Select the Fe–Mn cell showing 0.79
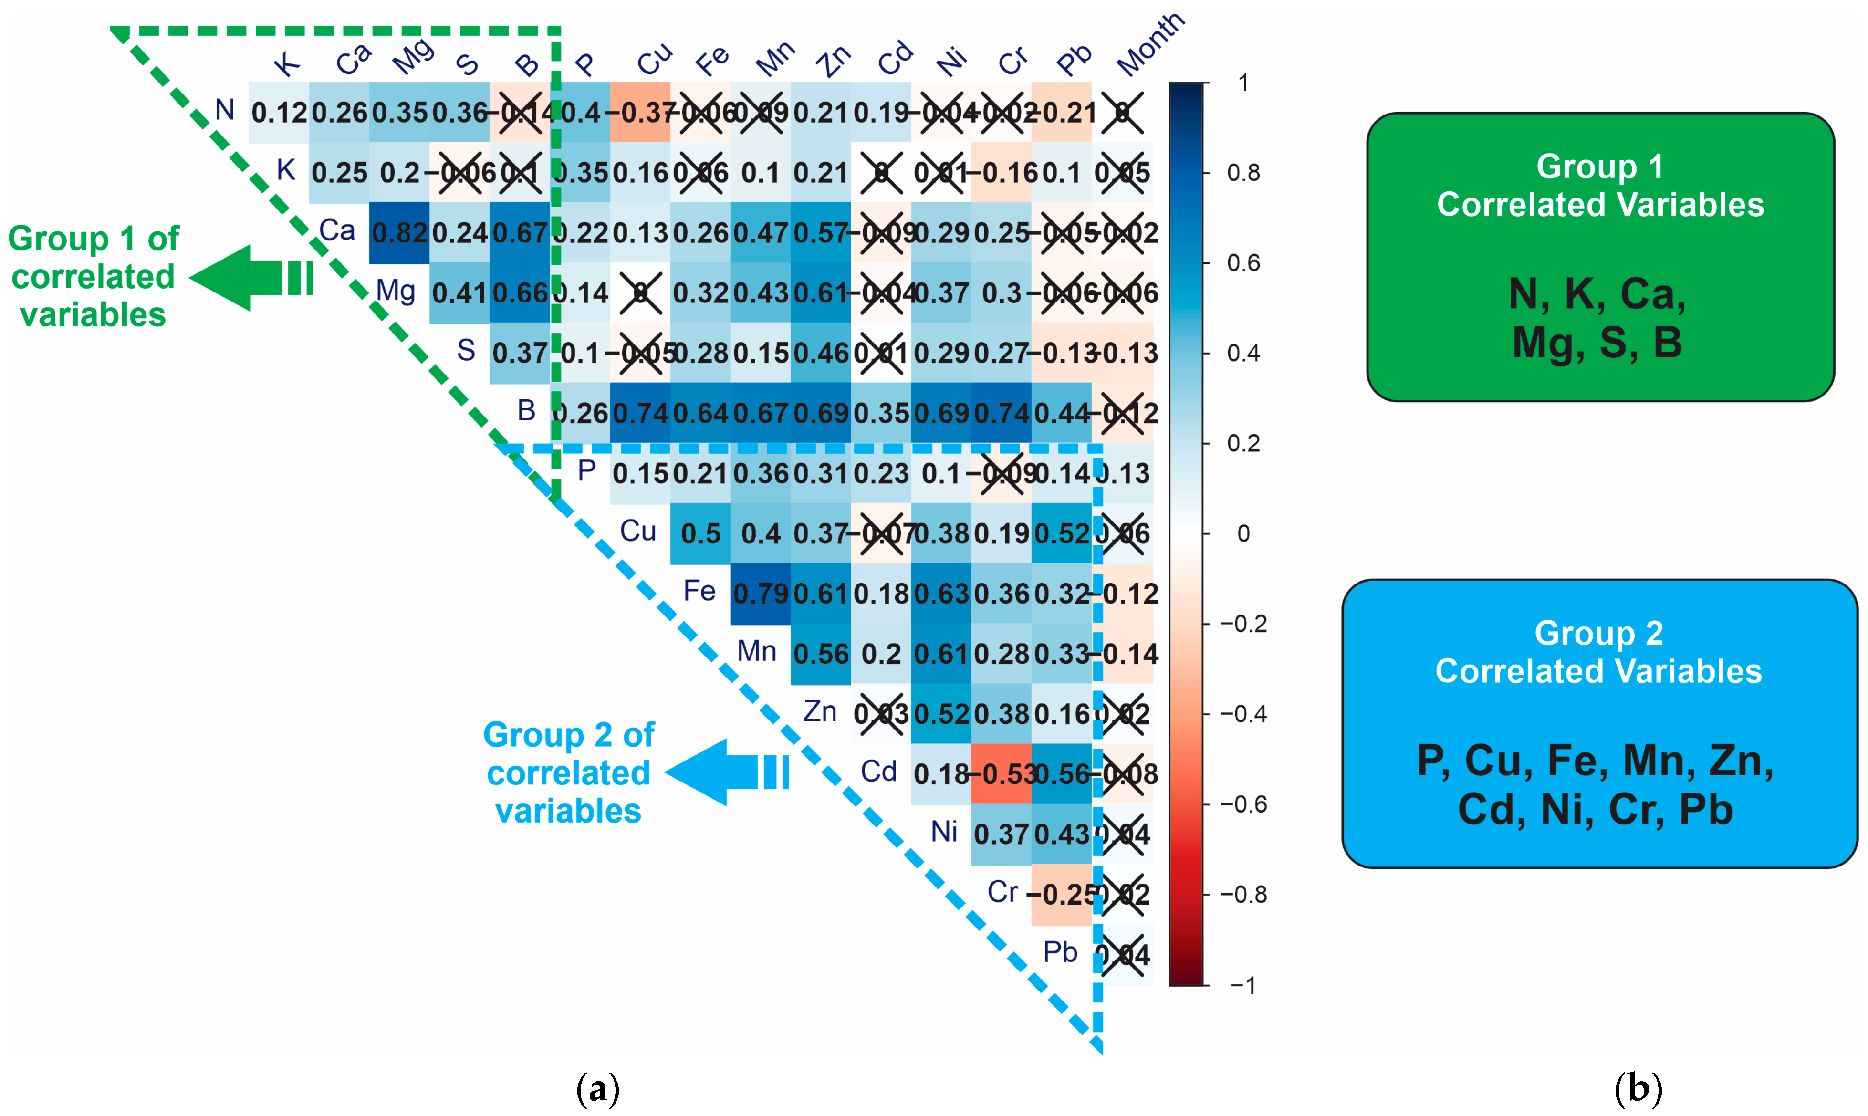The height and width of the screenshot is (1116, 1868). click(x=760, y=594)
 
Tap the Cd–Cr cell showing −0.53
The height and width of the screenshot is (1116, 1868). click(x=1001, y=774)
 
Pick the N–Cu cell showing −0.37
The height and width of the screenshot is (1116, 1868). click(x=640, y=113)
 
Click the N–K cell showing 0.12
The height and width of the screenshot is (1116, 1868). click(x=279, y=113)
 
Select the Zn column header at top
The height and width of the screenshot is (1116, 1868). click(x=834, y=60)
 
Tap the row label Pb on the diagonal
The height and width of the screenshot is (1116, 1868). click(x=1060, y=953)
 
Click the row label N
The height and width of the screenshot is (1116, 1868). click(x=224, y=111)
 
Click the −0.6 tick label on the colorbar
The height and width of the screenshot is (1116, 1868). click(x=1243, y=804)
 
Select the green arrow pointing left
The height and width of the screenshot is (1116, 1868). click(x=252, y=278)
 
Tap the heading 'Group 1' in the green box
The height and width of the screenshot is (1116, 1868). click(x=1599, y=166)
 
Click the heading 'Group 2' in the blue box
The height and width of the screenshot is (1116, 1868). click(x=1598, y=633)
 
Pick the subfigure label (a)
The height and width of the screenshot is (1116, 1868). click(x=598, y=1088)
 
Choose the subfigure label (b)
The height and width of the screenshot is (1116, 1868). click(x=1638, y=1088)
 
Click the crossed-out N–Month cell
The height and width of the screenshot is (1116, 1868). click(x=1123, y=113)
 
